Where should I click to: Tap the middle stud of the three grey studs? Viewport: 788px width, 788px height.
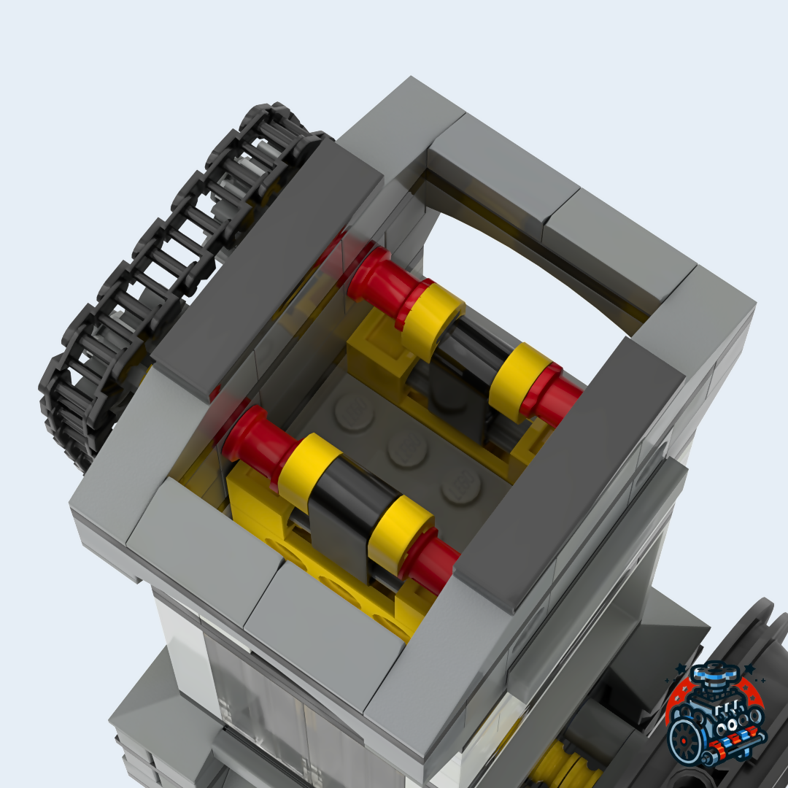click(407, 448)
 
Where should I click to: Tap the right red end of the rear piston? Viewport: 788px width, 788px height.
click(558, 398)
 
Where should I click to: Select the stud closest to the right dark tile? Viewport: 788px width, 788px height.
click(461, 485)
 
